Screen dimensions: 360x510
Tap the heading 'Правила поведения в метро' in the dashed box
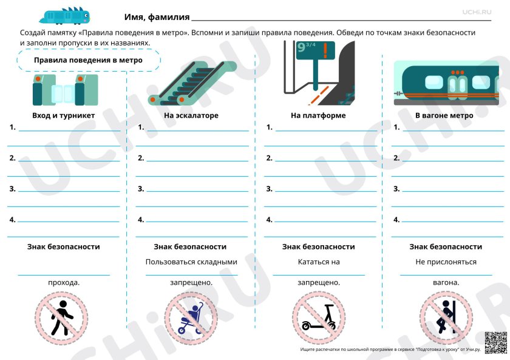[88, 60]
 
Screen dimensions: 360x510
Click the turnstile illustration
[65, 90]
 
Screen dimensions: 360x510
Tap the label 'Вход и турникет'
[64, 115]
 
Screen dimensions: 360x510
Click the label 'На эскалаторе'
[191, 115]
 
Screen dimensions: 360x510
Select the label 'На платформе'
[318, 115]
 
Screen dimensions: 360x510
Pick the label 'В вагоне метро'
[444, 115]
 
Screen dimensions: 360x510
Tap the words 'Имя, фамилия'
[157, 17]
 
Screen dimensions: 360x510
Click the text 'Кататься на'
[319, 262]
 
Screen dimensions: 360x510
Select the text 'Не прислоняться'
[446, 262]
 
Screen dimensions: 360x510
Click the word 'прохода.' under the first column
[64, 282]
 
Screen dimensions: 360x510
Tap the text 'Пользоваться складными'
[191, 262]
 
